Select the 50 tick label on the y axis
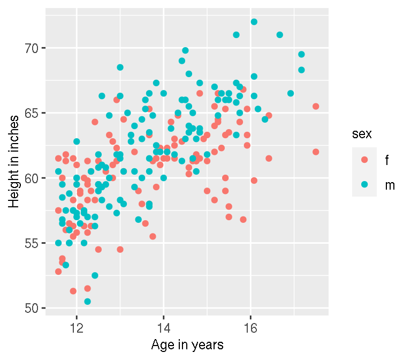(31, 308)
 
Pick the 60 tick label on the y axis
(31, 178)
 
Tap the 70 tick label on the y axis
(31, 48)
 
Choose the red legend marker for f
(365, 160)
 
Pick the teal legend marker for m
(365, 184)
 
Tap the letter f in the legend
(387, 160)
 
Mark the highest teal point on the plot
(254, 22)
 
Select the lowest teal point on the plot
(87, 302)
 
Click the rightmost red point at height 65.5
(316, 106)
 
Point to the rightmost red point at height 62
(316, 152)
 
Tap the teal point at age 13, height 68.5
(120, 67)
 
